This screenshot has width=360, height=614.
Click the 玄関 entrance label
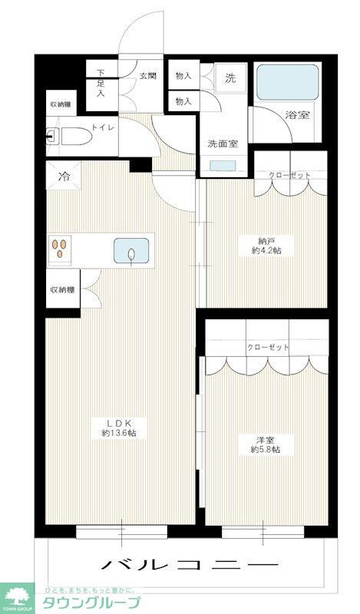click(148, 75)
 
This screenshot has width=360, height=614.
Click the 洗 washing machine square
click(230, 77)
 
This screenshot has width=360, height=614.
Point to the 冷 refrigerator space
click(64, 175)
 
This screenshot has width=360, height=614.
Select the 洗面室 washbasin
click(223, 164)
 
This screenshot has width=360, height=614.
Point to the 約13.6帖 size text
click(120, 433)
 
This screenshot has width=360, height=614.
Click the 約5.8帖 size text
click(266, 450)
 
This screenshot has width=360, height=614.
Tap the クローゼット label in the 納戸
click(289, 176)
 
